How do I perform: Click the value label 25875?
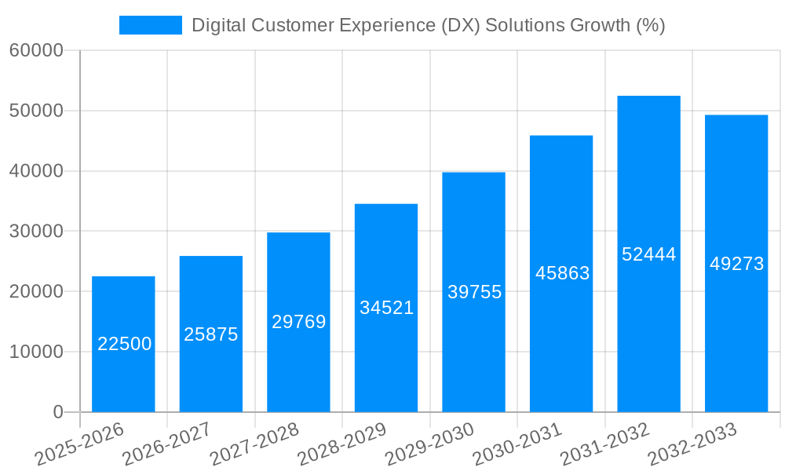211,334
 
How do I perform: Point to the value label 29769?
298,322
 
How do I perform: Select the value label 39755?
474,292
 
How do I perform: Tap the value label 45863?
562,273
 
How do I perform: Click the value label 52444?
648,254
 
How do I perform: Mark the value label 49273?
736,264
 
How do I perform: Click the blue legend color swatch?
150,25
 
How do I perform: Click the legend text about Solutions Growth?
429,25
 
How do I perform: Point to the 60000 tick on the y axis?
36,51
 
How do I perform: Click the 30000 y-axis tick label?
36,232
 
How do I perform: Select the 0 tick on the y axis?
58,412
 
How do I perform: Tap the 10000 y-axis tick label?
36,352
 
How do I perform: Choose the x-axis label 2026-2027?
166,444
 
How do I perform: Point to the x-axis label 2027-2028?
254,444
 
